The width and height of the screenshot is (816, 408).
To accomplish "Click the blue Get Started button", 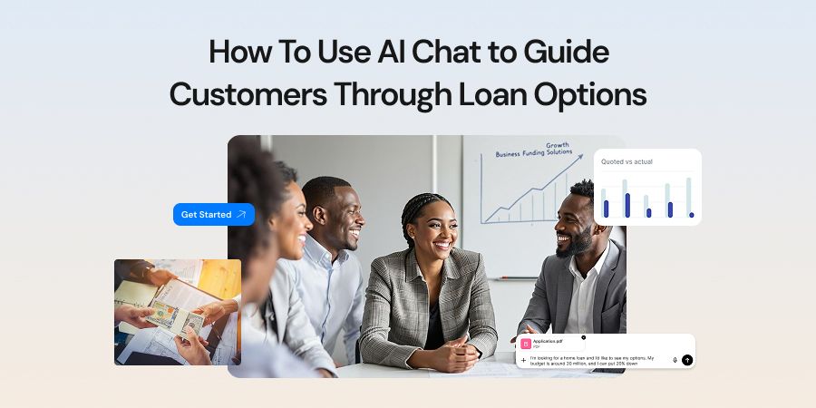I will coord(213,215).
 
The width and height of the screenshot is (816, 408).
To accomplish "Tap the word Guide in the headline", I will coord(571,53).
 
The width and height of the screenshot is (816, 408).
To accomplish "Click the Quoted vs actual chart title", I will coord(627,161).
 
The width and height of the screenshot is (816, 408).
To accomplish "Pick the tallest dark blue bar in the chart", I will coord(627,205).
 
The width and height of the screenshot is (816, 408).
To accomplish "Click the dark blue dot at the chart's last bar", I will coord(691,215).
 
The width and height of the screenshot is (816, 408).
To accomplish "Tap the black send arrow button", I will coord(687,360).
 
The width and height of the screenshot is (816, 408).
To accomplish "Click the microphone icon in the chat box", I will coord(675,360).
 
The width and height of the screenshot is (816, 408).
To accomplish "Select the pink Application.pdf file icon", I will coord(526,344).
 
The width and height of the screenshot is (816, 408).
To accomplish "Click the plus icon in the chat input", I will coord(523,360).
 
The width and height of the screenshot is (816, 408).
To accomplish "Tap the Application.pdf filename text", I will coord(548,341).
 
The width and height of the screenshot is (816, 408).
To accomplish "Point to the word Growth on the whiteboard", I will coord(558,146).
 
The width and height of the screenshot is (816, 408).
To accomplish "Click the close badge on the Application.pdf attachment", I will coord(583,337).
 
